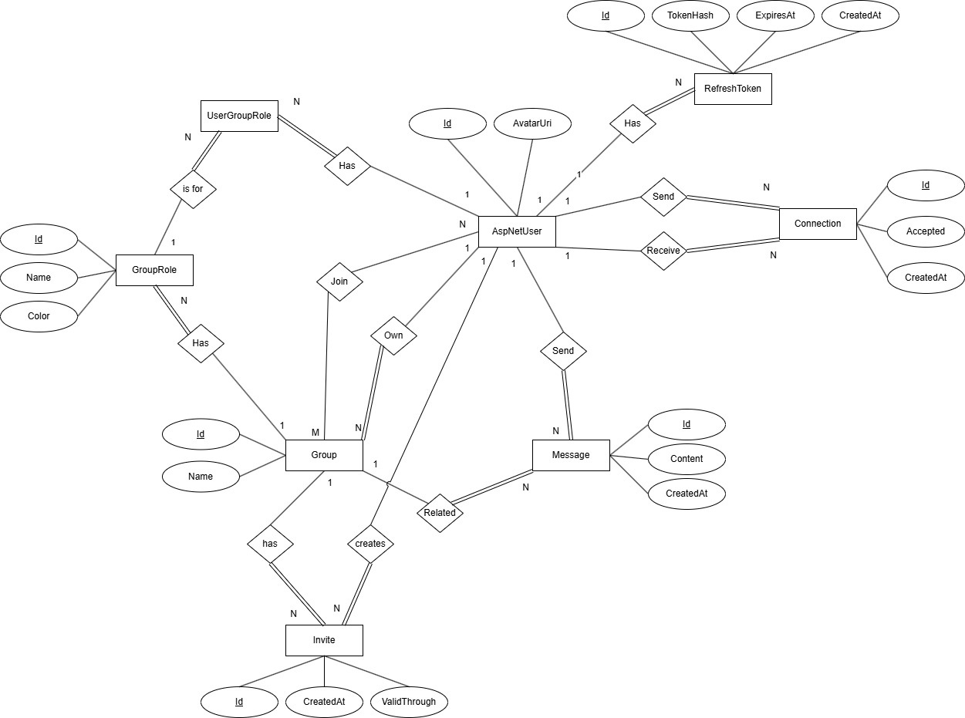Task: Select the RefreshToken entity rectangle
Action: coord(732,89)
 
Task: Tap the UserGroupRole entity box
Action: coord(239,116)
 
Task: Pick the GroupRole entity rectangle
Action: coord(154,270)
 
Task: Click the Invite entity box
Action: coord(324,640)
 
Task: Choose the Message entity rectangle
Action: coord(571,455)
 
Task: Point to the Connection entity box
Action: coord(818,224)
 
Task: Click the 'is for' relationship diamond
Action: coord(193,188)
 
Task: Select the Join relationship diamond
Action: coord(339,281)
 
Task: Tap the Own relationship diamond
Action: coord(393,335)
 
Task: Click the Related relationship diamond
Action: coord(440,512)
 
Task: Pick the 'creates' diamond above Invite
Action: coord(370,544)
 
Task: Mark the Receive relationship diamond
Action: coord(663,251)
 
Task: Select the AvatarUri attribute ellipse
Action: coord(532,123)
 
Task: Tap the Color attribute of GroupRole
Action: coord(39,315)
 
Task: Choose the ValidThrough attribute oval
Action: coord(409,702)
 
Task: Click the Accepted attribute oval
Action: coord(926,231)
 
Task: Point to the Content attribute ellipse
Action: coord(687,459)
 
